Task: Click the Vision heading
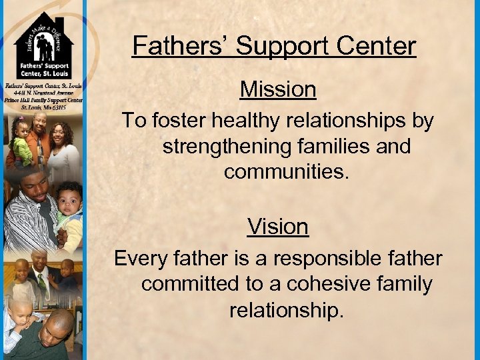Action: tap(278, 227)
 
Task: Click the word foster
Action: tap(180, 121)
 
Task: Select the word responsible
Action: tap(328, 258)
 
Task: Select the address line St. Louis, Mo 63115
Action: tap(43, 107)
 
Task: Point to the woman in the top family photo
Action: tap(63, 141)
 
